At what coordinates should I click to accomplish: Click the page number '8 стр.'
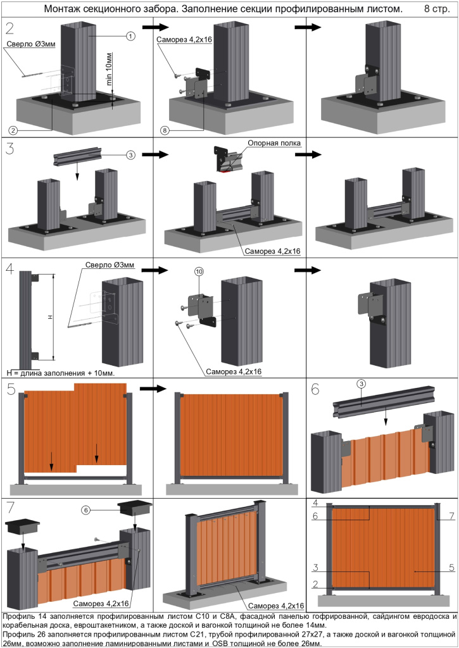click(437, 9)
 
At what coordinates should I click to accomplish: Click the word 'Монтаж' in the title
click(60, 9)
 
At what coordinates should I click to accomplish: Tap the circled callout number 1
click(130, 36)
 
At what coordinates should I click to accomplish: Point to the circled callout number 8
click(165, 130)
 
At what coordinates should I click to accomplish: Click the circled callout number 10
click(199, 271)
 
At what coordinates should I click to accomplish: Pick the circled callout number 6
click(86, 510)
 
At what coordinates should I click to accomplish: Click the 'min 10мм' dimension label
click(109, 69)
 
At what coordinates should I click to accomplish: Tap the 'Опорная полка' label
click(274, 144)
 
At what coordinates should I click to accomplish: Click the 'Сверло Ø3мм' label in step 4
click(110, 265)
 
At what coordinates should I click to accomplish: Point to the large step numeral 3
click(10, 147)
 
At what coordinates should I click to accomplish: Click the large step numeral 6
click(315, 389)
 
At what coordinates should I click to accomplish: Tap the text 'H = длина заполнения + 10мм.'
click(61, 373)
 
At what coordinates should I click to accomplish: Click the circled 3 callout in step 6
click(362, 384)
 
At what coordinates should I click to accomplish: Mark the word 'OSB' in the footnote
click(220, 644)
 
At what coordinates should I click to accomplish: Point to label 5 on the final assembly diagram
click(451, 568)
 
